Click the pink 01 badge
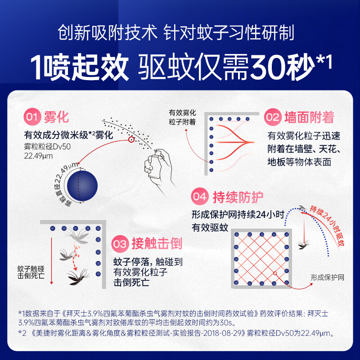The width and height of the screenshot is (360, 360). tap(33, 118)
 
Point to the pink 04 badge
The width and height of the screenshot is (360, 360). tap(200, 197)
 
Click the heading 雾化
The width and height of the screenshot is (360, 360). tap(57, 118)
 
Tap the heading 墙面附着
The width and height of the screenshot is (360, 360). tap(309, 118)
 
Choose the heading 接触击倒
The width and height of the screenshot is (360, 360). tap(157, 244)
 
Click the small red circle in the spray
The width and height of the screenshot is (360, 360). tap(131, 140)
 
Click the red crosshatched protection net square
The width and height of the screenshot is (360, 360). tap(261, 259)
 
